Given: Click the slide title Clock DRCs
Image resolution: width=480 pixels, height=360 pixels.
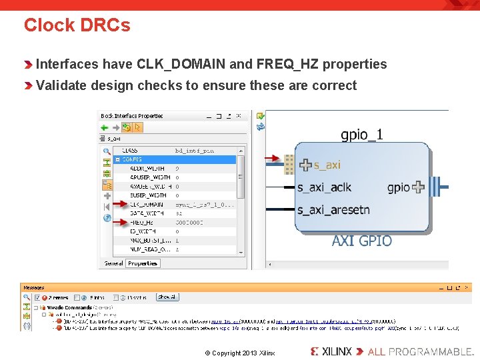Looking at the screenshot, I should coord(77,25).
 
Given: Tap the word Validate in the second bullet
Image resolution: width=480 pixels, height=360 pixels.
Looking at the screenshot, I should coord(63,85).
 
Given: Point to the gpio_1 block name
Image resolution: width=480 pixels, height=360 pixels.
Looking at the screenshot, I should coord(362,135).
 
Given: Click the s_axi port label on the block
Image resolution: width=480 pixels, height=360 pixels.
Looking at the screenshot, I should coord(327,164).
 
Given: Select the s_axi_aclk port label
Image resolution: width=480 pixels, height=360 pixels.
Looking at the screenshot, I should coord(324,187).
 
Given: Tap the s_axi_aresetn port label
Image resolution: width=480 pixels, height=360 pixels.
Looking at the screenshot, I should coord(333,210).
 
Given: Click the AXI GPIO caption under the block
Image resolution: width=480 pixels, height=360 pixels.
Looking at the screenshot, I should coord(362,240).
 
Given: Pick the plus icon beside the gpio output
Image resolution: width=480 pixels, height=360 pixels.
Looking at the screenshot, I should coord(417,187).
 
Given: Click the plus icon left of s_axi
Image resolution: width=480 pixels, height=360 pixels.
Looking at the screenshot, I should coord(305,164).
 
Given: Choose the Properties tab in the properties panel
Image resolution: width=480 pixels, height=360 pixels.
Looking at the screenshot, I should coord(143,263).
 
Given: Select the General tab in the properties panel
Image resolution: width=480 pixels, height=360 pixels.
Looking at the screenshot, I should coord(114,263).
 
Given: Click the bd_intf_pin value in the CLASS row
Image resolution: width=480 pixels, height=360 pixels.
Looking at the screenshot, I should coord(195,151).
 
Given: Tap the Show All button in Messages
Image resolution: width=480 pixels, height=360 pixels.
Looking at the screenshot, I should coord(167,297).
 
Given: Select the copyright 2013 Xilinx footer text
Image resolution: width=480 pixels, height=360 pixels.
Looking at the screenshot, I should coord(239,353).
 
